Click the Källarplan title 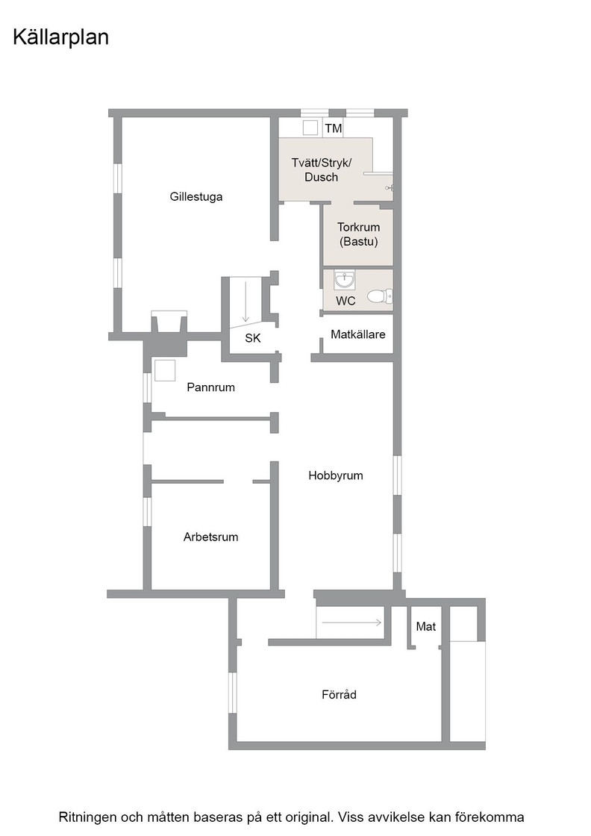click(60, 37)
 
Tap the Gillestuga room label click(196, 197)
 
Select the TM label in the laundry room click(334, 128)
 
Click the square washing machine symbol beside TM click(310, 128)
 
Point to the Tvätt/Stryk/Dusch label click(322, 170)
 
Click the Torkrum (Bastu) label click(359, 234)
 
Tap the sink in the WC click(344, 279)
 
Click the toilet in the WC click(380, 296)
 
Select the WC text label click(345, 302)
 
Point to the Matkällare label click(358, 335)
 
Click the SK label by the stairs click(253, 338)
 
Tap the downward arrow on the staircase click(246, 302)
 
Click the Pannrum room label click(211, 387)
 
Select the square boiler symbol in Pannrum click(165, 370)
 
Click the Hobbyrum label click(336, 475)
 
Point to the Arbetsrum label click(211, 537)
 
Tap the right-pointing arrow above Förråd click(351, 623)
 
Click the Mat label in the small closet click(426, 626)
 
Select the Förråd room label click(339, 695)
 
